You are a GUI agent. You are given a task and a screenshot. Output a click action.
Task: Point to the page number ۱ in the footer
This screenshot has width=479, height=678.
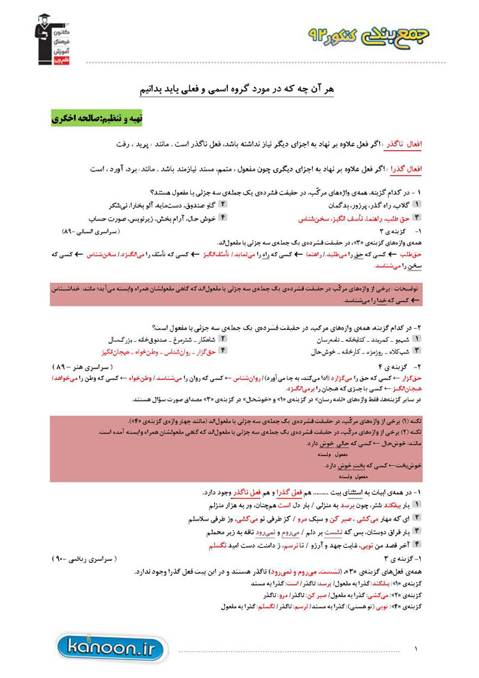click(415, 648)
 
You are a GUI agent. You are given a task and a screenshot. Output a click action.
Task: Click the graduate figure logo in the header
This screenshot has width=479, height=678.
click(47, 35)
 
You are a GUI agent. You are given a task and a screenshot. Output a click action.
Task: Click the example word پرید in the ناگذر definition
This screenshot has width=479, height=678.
click(148, 145)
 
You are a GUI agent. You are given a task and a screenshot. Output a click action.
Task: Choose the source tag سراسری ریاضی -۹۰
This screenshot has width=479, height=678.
click(89, 559)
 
